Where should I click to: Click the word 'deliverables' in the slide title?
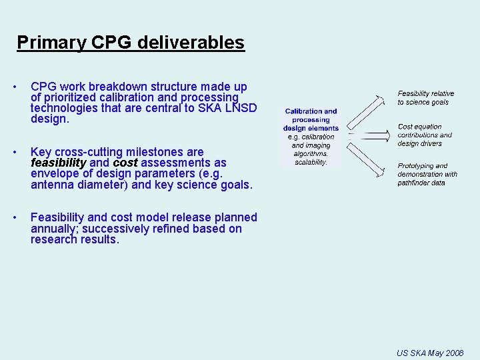click(x=191, y=43)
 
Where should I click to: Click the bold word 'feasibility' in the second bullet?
click(x=59, y=163)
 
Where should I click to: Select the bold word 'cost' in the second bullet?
click(x=125, y=163)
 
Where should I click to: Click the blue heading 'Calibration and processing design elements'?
click(x=311, y=120)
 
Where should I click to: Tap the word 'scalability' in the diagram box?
click(x=311, y=162)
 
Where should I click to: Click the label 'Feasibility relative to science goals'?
click(x=425, y=98)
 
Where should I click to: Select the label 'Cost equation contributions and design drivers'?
click(x=425, y=135)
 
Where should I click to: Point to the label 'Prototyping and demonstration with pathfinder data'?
click(x=427, y=174)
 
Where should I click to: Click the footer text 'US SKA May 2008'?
click(x=429, y=353)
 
